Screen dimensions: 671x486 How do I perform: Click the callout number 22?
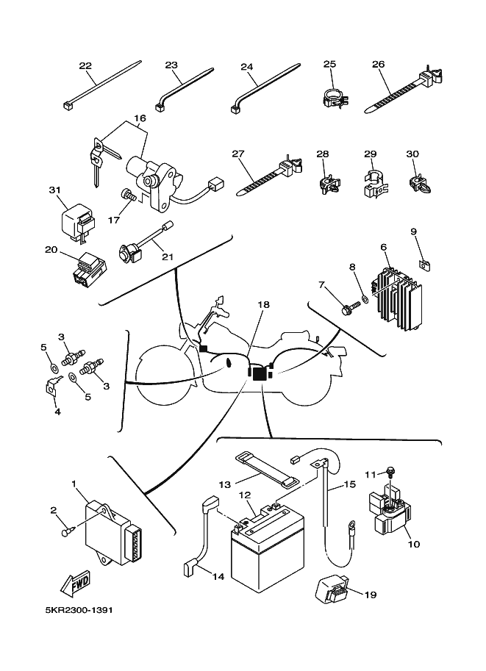click(85, 66)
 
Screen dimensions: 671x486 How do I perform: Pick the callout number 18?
click(264, 304)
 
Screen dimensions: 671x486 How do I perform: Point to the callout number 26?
click(379, 65)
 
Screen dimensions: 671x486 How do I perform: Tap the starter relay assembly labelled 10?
click(388, 509)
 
